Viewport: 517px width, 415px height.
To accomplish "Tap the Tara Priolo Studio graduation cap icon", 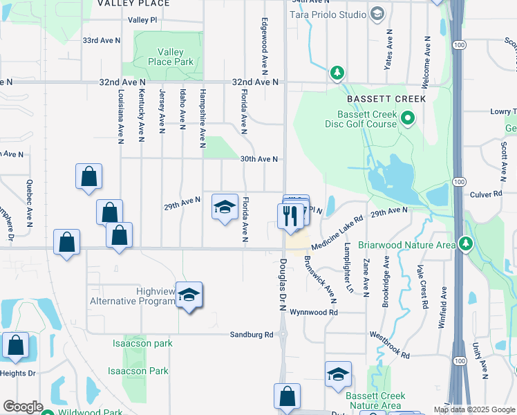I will (x=377, y=14).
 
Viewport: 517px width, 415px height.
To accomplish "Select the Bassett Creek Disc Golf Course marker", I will (x=407, y=119).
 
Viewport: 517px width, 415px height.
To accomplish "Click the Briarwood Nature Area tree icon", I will (x=467, y=243).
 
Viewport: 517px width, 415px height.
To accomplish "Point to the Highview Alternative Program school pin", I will (x=189, y=295).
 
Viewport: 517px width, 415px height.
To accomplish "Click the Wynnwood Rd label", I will (x=313, y=313).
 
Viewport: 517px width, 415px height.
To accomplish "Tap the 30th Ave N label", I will (x=258, y=159).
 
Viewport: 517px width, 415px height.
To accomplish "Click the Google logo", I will (x=23, y=407).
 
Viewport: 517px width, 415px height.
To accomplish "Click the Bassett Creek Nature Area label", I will (x=373, y=400).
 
